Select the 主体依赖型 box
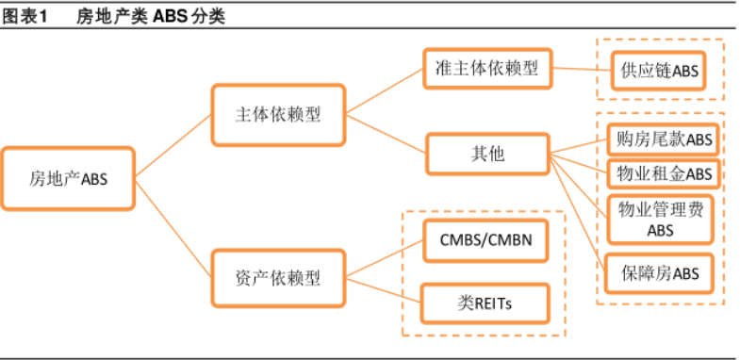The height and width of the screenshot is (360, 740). pos(277,115)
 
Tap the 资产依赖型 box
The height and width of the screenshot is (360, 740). pos(277,278)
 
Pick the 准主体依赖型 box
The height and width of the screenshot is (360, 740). pos(487,70)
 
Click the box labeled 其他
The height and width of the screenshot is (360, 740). pos(487,154)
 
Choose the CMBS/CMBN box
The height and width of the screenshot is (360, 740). pos(485,239)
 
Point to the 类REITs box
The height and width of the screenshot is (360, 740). pos(485,303)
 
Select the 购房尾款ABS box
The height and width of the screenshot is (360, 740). pos(659,139)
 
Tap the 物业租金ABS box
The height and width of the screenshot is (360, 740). pos(659,174)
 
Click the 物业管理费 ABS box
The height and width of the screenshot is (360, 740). pos(659,219)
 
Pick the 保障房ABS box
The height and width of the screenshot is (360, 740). pos(659,273)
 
